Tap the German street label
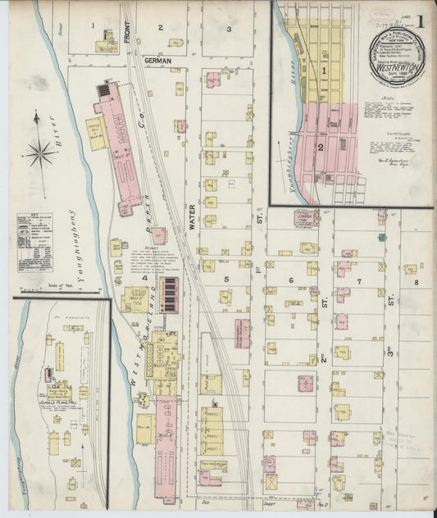click(x=157, y=61)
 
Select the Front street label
click(x=126, y=30)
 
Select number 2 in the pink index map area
click(x=321, y=147)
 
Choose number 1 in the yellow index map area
click(x=324, y=71)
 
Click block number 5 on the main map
click(x=225, y=279)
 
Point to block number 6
click(x=290, y=280)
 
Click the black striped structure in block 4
click(x=170, y=294)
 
